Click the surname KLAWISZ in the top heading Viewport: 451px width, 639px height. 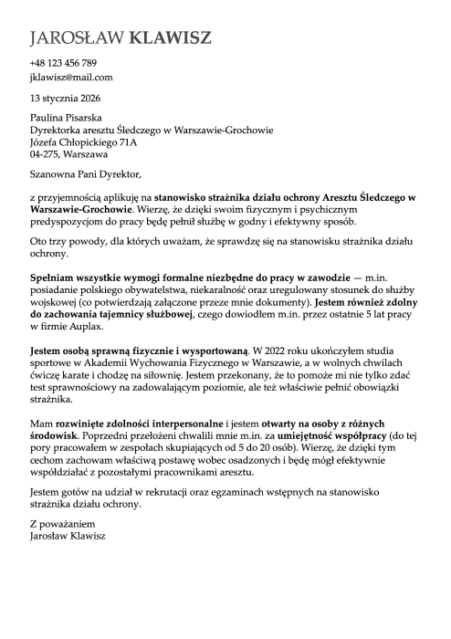[x=172, y=37]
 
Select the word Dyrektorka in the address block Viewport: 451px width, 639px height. [x=59, y=130]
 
